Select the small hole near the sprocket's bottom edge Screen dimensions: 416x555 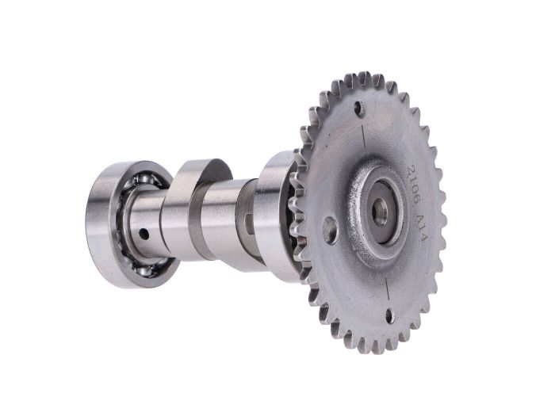tap(389, 315)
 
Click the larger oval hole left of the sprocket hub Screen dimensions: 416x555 tap(331, 231)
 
